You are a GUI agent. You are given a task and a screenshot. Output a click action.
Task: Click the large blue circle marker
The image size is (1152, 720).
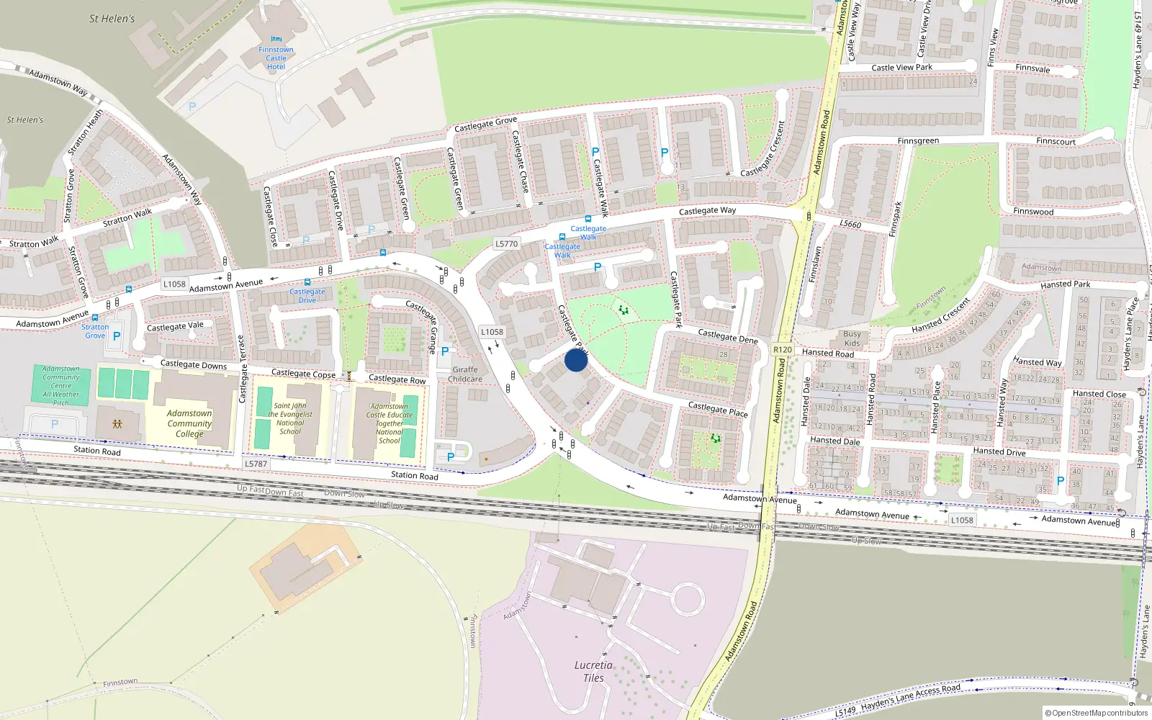(x=575, y=360)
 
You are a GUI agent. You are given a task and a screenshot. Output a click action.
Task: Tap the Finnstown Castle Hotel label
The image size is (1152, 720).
(x=276, y=58)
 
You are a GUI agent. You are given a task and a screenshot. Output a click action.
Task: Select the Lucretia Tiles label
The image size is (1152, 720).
(x=594, y=671)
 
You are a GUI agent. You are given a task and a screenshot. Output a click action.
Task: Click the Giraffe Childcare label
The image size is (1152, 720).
(x=465, y=374)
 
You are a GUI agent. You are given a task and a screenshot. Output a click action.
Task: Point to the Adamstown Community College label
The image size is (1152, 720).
(x=189, y=423)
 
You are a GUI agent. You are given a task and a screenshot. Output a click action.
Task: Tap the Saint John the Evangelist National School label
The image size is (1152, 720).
(x=290, y=418)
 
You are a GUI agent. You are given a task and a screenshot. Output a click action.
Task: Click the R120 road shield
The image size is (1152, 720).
(x=782, y=349)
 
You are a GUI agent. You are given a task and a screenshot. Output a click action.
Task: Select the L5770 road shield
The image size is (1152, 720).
(x=506, y=243)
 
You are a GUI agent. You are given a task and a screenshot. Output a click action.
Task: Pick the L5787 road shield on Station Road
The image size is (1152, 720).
(x=256, y=464)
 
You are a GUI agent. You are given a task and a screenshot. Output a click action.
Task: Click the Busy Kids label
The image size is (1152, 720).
(x=852, y=338)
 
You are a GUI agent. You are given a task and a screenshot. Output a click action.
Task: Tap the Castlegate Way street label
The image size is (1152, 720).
(x=707, y=210)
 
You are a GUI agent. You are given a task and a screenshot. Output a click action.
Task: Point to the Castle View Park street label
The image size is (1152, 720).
(x=901, y=67)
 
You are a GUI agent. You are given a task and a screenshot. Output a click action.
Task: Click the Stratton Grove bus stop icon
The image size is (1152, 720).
(x=95, y=317)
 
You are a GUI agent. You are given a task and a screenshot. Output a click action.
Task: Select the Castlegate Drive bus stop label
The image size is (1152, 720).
(x=307, y=296)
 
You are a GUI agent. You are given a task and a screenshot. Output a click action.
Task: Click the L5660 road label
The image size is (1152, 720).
(x=850, y=224)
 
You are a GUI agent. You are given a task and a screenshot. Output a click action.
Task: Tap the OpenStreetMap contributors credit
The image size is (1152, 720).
(x=1097, y=713)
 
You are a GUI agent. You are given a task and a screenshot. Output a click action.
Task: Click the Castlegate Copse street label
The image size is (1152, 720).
(x=303, y=373)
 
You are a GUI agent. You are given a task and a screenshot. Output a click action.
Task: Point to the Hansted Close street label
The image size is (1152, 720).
(x=1099, y=394)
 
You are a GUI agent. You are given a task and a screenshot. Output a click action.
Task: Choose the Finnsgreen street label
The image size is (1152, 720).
(x=918, y=141)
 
